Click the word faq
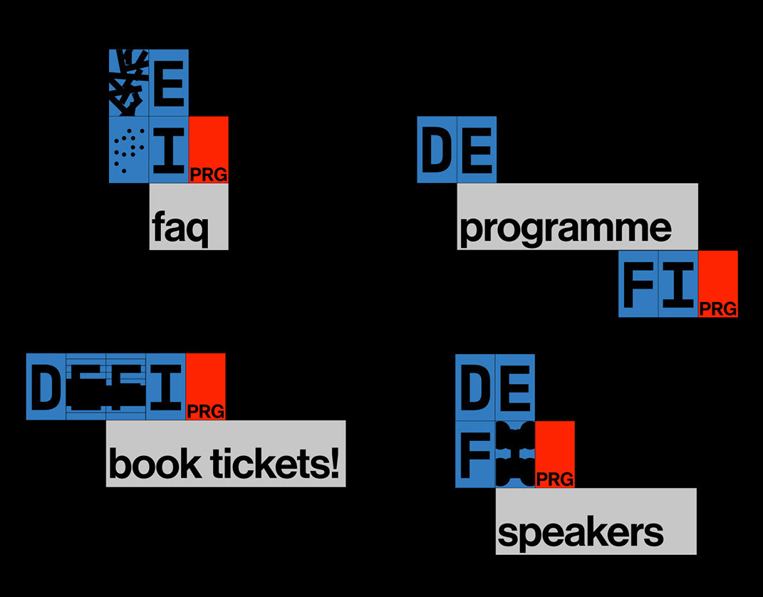(x=180, y=229)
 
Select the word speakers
(x=581, y=533)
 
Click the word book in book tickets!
(x=154, y=464)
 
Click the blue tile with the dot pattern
(x=129, y=150)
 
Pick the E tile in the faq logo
(x=169, y=83)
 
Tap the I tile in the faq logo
(x=169, y=150)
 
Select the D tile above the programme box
(x=437, y=150)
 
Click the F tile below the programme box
(x=638, y=284)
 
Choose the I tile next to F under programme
(x=678, y=284)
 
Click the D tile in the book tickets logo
(x=46, y=386)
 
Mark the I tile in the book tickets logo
(x=166, y=386)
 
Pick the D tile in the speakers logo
(x=475, y=386)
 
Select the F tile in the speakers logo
(x=475, y=454)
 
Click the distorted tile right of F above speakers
(x=515, y=454)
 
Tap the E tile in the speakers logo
(x=515, y=386)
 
